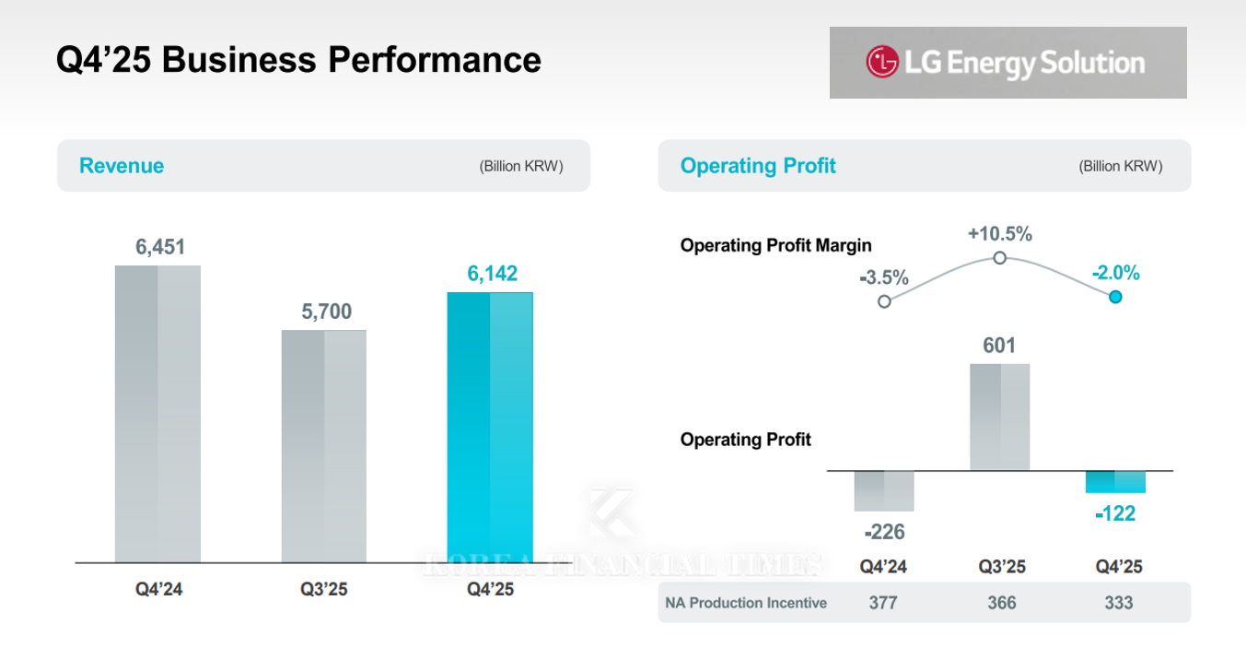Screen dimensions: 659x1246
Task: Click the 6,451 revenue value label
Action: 160,247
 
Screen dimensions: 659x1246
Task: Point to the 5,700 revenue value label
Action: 326,312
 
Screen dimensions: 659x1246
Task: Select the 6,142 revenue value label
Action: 492,274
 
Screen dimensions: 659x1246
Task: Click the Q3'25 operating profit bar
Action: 1000,417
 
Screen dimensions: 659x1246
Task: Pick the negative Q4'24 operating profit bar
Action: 884,491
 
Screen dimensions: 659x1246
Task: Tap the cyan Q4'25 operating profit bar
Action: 1115,482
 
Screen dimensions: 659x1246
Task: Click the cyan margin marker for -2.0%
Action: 1115,297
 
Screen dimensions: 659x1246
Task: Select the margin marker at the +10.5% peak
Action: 1000,258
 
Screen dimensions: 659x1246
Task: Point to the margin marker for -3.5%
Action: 884,301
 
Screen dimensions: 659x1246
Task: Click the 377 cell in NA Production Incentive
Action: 884,603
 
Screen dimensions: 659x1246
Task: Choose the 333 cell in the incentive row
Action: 1119,603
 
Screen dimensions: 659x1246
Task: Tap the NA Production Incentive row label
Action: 746,603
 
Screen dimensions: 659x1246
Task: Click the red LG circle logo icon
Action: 881,63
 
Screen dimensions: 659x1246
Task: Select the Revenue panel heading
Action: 122,166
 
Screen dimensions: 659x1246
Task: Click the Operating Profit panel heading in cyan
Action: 758,166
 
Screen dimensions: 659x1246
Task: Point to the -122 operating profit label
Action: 1115,514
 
